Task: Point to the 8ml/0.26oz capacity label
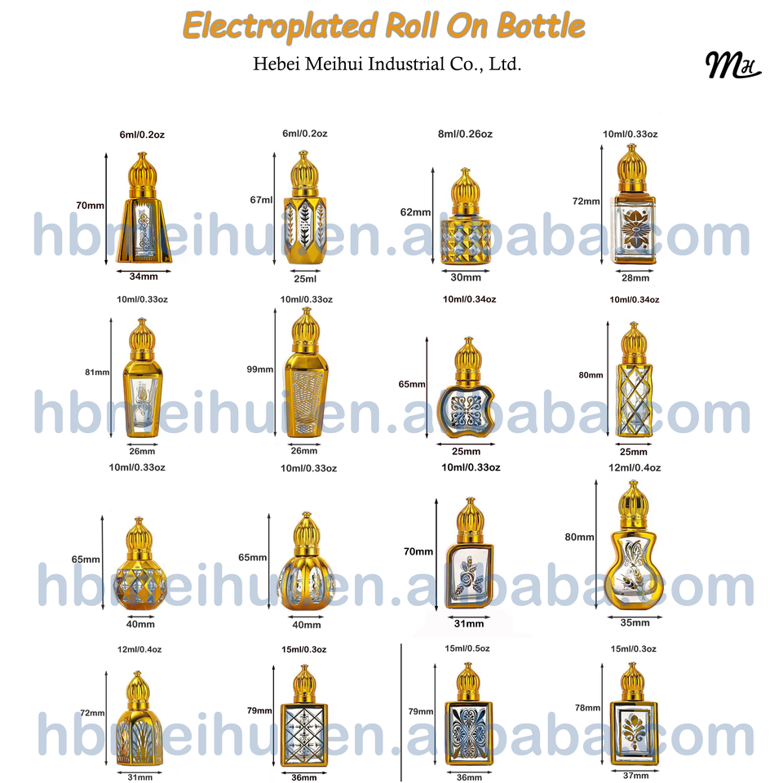[x=466, y=134]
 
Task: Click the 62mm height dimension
[x=415, y=212]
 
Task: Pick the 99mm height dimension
[x=259, y=369]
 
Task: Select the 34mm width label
[x=144, y=276]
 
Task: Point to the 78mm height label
[x=587, y=708]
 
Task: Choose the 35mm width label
[x=635, y=622]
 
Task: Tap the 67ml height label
[x=261, y=200]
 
